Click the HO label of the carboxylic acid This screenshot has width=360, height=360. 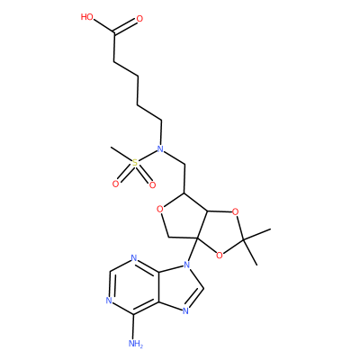(87, 17)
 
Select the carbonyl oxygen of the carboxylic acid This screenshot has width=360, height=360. (139, 19)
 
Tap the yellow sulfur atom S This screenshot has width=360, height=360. (135, 163)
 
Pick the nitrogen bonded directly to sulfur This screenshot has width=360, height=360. (160, 148)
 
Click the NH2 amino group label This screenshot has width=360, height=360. (136, 344)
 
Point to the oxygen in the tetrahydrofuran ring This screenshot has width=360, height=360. (160, 208)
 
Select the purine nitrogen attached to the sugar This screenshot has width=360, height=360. (187, 265)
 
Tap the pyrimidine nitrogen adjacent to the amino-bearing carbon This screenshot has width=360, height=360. (109, 301)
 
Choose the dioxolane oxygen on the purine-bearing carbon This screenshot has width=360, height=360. (220, 256)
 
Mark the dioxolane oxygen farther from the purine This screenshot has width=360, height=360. (236, 212)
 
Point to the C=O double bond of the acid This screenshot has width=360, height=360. (125, 26)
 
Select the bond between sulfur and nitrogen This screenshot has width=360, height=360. (148, 156)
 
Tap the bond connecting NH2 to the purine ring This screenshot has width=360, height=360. (134, 327)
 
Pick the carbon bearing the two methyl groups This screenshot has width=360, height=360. (244, 239)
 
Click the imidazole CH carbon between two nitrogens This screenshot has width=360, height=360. (203, 288)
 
